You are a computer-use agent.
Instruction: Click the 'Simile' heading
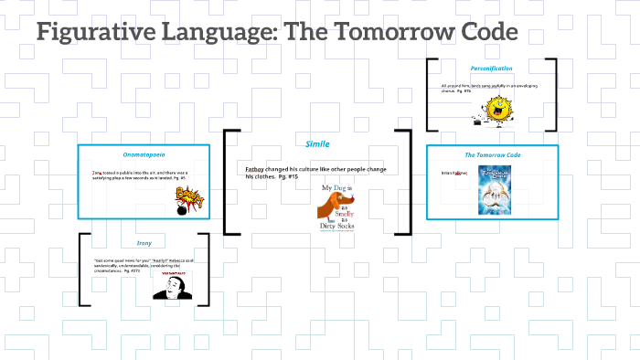point(317,143)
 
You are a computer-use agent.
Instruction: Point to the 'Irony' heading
point(144,243)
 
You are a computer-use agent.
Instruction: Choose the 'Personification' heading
point(491,69)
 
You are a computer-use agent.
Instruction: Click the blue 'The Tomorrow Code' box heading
point(492,155)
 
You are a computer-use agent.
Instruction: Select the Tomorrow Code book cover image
point(491,192)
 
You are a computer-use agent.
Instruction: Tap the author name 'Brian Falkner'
point(454,172)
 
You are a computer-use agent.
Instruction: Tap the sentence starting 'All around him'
point(484,89)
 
